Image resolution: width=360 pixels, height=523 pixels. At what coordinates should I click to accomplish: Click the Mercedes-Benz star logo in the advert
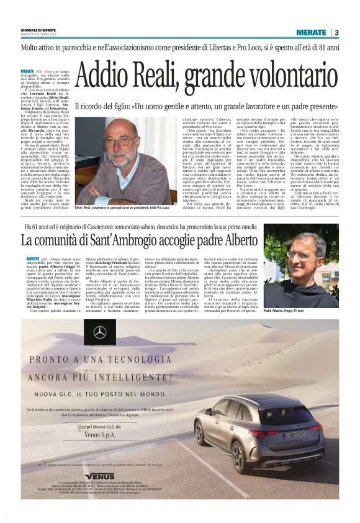100,333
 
